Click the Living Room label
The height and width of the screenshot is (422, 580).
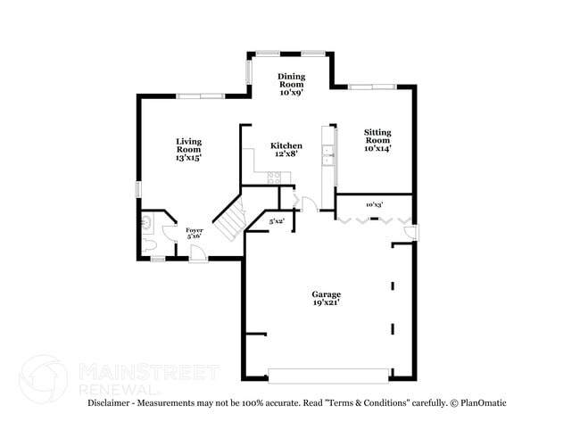(188, 146)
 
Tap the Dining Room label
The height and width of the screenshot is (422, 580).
(292, 83)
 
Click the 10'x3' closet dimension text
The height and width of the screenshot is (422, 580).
(375, 204)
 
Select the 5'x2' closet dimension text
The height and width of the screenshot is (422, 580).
(277, 220)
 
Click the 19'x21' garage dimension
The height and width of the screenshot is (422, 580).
(326, 303)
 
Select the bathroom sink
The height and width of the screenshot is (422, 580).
(146, 219)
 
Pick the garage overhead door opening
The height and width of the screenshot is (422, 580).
(328, 374)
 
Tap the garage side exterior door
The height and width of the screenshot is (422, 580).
(410, 234)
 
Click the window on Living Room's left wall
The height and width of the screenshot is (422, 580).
(137, 190)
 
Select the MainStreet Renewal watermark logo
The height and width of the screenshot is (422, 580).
(43, 377)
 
